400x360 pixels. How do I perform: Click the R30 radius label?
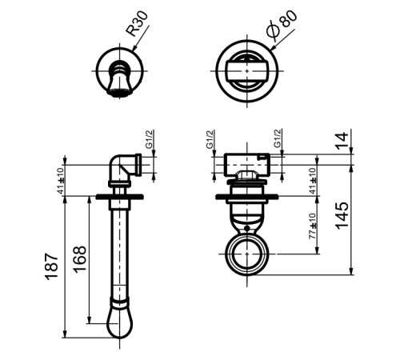click(x=137, y=24)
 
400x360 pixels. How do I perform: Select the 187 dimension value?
click(x=52, y=266)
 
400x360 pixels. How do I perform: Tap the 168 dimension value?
click(x=80, y=259)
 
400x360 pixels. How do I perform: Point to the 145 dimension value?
click(x=342, y=216)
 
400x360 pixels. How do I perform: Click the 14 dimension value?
click(x=342, y=140)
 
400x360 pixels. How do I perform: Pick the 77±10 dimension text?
click(x=312, y=226)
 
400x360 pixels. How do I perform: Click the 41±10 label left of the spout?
click(x=62, y=181)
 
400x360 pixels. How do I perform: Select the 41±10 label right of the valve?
click(x=313, y=181)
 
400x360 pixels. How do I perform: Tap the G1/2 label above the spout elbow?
click(x=149, y=139)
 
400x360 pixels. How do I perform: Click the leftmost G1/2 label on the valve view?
click(x=210, y=139)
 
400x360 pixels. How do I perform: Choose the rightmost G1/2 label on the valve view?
click(x=278, y=138)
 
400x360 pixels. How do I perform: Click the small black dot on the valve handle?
click(x=247, y=228)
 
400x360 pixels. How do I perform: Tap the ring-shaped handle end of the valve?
click(x=246, y=254)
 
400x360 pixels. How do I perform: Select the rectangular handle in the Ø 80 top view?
click(x=247, y=71)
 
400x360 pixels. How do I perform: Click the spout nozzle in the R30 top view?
click(x=119, y=79)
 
